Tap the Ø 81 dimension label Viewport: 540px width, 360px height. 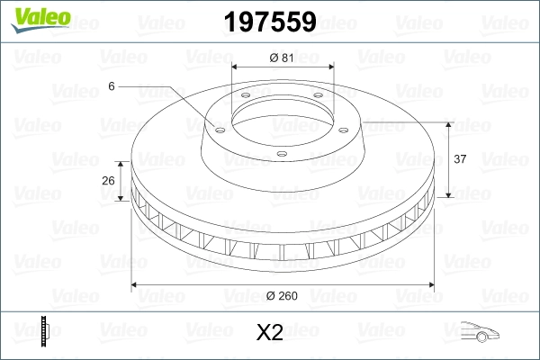(280, 58)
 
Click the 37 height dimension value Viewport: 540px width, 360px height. (459, 159)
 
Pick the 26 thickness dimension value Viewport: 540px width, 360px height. (109, 180)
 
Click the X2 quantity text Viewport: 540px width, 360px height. (270, 333)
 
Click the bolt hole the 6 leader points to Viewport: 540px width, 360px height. (217, 128)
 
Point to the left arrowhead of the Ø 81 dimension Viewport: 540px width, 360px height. (236, 67)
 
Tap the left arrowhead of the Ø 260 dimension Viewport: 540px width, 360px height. (136, 285)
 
